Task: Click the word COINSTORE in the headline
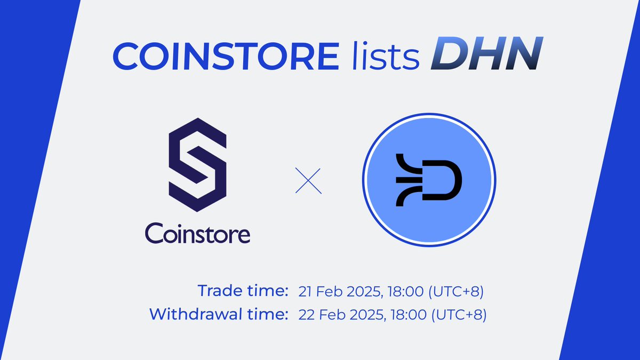click(225, 55)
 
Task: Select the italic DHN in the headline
click(482, 55)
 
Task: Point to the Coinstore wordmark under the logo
click(197, 234)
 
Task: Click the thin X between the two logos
click(308, 181)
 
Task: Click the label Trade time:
click(243, 291)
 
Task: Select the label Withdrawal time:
click(216, 314)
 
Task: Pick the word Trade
click(218, 291)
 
